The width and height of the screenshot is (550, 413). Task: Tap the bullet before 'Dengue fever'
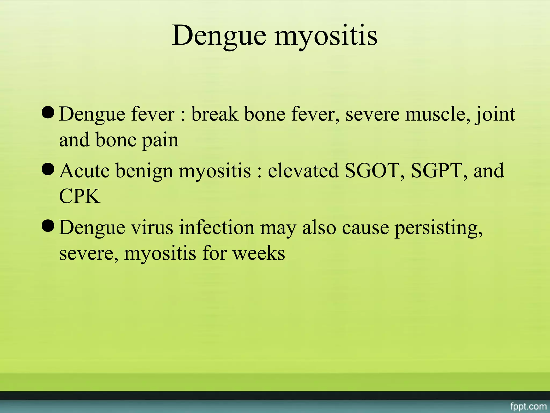[48, 113]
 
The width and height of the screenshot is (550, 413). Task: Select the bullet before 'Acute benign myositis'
[48, 170]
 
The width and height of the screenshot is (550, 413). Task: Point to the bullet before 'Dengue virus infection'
[48, 226]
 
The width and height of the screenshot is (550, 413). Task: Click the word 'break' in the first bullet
[215, 114]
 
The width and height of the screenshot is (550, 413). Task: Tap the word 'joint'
[495, 115]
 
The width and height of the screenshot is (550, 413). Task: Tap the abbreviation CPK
[80, 196]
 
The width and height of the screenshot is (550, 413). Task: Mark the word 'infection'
[217, 227]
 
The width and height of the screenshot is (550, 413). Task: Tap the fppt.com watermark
[528, 406]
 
